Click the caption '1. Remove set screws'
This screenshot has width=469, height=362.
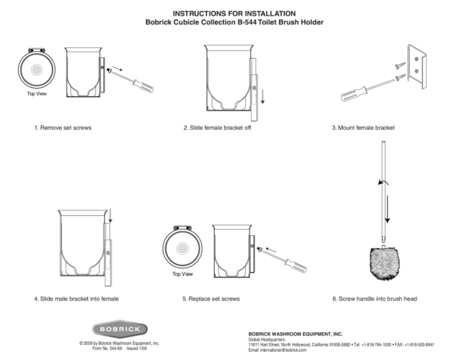63,128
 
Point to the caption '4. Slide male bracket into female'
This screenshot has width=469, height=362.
76,299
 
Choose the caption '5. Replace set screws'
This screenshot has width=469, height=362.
211,299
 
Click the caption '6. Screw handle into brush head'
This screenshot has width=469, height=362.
374,299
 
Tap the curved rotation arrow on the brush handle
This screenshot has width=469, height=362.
380,182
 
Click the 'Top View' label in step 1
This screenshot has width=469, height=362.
36,94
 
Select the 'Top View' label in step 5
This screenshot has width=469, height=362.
182,274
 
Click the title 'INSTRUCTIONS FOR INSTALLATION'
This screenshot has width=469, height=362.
234,13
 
